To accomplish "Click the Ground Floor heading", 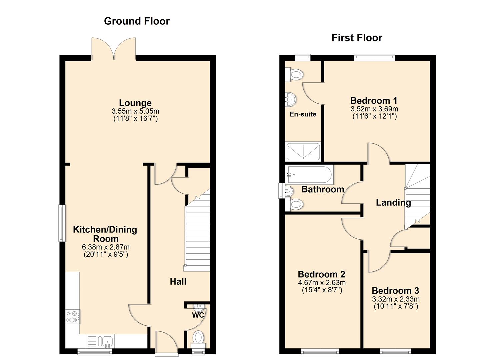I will coord(137,21).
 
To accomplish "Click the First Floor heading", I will coord(357,38).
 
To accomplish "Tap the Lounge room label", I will coord(135,103).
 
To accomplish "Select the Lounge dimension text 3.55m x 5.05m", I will coord(135,111).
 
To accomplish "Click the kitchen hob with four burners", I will coord(73,316).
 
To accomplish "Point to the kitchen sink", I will coord(107,341).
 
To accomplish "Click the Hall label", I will coord(178,282).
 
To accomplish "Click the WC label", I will coord(198,315).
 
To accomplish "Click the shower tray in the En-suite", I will coord(303,152).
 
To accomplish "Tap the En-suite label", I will coord(303,114).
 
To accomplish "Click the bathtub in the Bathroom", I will coord(309,174).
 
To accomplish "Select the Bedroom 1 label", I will coord(374,100).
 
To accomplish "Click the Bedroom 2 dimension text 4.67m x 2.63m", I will coord(322,283).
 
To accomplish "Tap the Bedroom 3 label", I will coord(395,290).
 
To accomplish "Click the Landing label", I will coord(393,202).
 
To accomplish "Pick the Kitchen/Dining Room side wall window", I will coord(62,223).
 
